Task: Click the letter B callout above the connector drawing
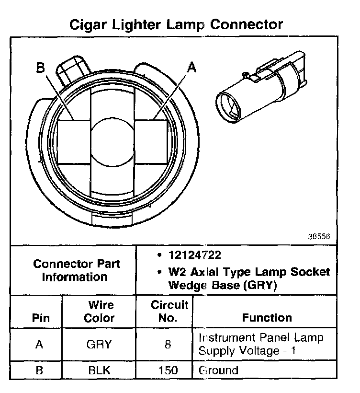tap(41, 69)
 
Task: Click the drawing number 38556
tap(319, 237)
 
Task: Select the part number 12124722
tap(194, 254)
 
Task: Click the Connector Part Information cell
tap(77, 270)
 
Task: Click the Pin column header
tap(40, 318)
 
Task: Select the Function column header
tap(266, 318)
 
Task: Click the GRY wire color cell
tap(100, 344)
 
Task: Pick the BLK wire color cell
tap(100, 370)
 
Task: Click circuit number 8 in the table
tap(168, 344)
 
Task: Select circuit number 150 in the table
tap(168, 370)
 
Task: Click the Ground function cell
tap(218, 370)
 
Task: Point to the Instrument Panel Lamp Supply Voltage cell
tap(260, 344)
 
